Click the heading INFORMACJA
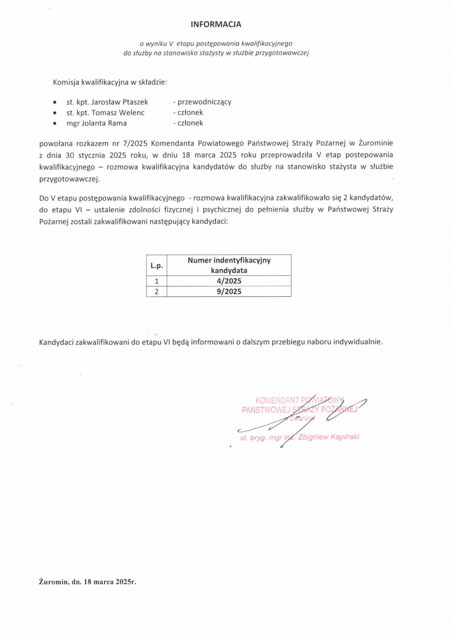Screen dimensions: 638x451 [216, 24]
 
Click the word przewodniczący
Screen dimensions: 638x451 [204, 102]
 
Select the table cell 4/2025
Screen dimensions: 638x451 [229, 281]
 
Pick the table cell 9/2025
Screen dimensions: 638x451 [229, 291]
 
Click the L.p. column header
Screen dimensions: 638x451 [156, 265]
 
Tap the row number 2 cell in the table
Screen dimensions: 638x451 [156, 291]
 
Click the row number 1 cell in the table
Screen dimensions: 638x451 [156, 281]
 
